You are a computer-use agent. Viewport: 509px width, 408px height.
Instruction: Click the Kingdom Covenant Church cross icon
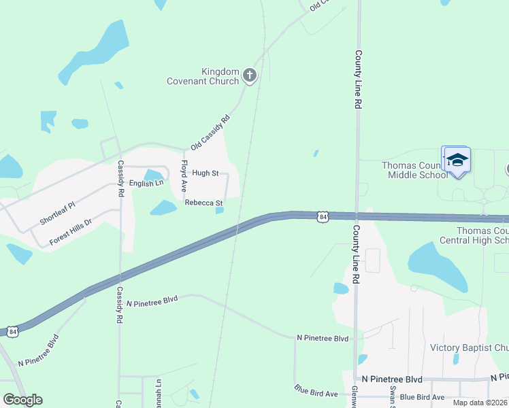pyautogui.click(x=250, y=75)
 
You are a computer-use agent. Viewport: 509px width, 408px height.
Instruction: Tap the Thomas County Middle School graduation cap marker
pyautogui.click(x=457, y=160)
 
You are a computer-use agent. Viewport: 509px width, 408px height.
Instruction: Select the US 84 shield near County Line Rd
pyautogui.click(x=323, y=217)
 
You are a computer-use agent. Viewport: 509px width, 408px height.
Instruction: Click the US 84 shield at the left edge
pyautogui.click(x=12, y=331)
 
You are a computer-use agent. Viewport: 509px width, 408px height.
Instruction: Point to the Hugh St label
pyautogui.click(x=205, y=173)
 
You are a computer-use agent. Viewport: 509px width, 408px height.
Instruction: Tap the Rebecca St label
pyautogui.click(x=203, y=203)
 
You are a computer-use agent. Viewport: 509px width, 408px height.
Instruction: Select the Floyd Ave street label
pyautogui.click(x=184, y=175)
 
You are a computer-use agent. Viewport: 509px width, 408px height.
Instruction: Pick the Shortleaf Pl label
pyautogui.click(x=57, y=213)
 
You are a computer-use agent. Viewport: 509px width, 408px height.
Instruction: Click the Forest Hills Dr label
pyautogui.click(x=70, y=232)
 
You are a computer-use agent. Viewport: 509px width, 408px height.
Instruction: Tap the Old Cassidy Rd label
pyautogui.click(x=210, y=133)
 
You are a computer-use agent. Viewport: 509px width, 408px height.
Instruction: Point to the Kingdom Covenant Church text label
pyautogui.click(x=203, y=76)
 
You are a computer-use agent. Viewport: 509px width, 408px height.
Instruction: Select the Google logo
pyautogui.click(x=22, y=400)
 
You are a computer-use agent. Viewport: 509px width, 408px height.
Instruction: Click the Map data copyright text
pyautogui.click(x=480, y=403)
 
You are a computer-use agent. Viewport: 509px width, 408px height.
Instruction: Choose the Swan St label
pyautogui.click(x=393, y=393)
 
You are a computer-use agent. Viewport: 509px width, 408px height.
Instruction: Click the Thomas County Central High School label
pyautogui.click(x=482, y=235)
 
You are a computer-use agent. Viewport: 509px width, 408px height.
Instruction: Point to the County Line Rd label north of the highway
pyautogui.click(x=357, y=80)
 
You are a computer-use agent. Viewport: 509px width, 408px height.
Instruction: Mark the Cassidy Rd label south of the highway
pyautogui.click(x=119, y=304)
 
